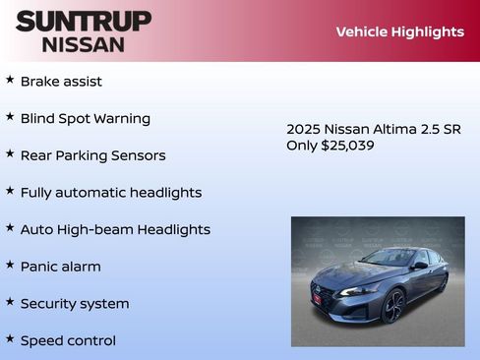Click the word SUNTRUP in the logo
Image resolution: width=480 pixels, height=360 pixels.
(x=84, y=21)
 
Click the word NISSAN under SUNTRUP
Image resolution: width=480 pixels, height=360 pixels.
(x=84, y=44)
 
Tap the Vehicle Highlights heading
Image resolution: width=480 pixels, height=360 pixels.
(x=399, y=31)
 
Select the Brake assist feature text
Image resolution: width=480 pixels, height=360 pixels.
(x=61, y=82)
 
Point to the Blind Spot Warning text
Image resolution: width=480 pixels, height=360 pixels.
(x=86, y=119)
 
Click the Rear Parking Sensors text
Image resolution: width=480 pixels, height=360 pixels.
(x=92, y=155)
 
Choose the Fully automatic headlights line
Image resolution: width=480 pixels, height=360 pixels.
(x=111, y=193)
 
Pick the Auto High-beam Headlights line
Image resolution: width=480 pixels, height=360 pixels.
(x=115, y=229)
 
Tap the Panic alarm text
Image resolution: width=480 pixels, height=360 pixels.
(x=60, y=267)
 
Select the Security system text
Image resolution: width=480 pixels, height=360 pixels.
(x=75, y=304)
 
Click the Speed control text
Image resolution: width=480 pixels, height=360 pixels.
(x=68, y=340)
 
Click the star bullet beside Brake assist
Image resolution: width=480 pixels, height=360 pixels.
(x=10, y=79)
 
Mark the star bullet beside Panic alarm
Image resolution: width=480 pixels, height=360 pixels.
(x=10, y=264)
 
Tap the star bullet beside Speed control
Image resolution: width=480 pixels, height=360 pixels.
(x=10, y=337)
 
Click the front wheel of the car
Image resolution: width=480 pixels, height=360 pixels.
(x=393, y=306)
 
